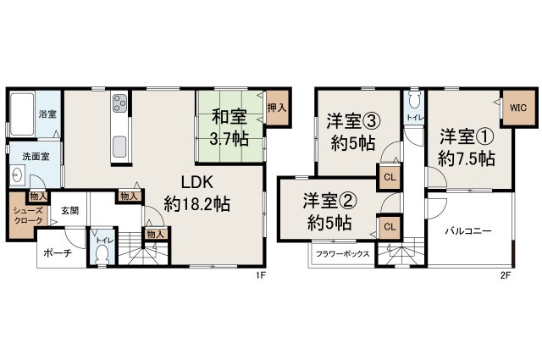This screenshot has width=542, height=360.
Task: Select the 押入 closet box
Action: click(x=276, y=108)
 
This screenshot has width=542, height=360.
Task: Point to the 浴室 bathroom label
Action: click(x=47, y=114)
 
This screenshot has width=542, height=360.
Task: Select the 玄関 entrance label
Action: click(x=69, y=211)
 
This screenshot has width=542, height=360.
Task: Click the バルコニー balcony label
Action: click(x=468, y=231)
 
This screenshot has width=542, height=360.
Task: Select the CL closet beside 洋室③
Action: click(x=389, y=177)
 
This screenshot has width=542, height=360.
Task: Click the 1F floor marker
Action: click(x=262, y=274)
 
